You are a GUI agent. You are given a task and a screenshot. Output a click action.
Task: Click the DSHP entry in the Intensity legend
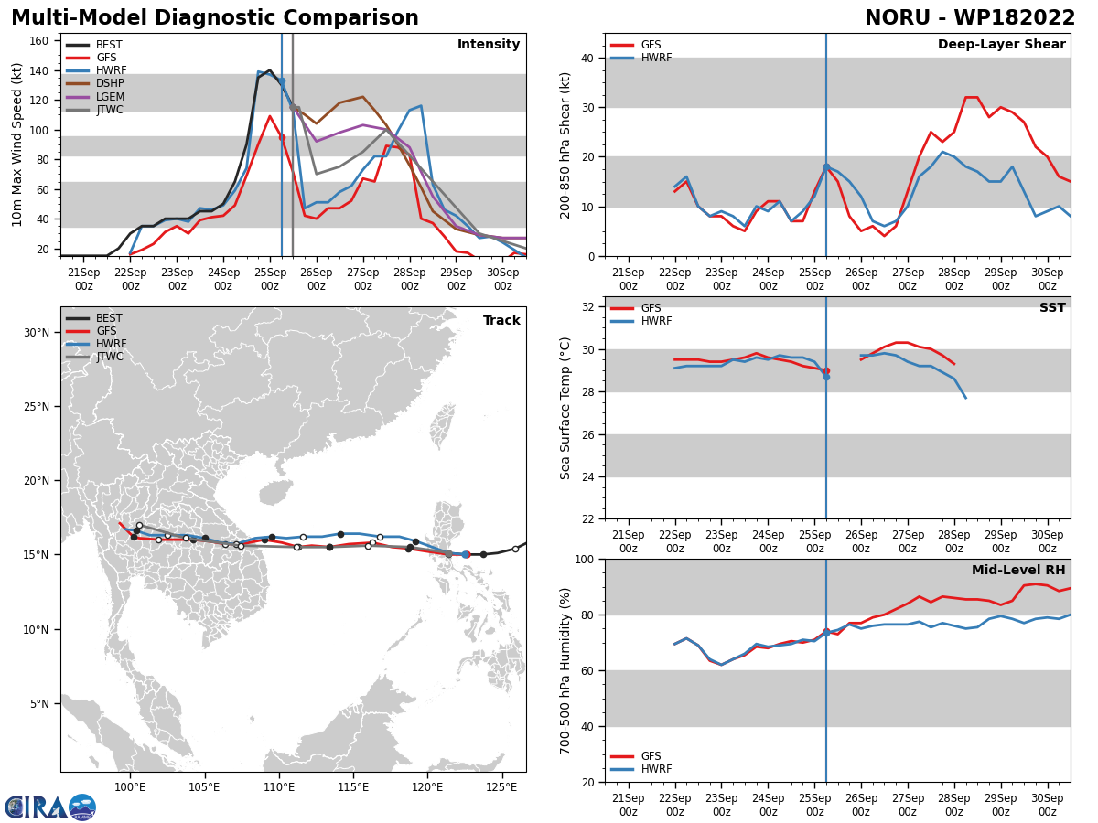[x=94, y=83]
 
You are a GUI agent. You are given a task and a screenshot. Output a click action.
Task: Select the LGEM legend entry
[x=94, y=96]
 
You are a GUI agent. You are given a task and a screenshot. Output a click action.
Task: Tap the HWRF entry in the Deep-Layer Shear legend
[x=640, y=58]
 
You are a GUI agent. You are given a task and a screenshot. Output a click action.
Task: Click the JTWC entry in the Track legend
[x=94, y=357]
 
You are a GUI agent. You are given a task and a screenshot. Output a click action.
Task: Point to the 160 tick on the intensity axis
[x=39, y=41]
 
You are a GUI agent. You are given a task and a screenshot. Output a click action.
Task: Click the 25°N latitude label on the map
[x=37, y=407]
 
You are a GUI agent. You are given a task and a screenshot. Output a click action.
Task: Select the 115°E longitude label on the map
[x=353, y=787]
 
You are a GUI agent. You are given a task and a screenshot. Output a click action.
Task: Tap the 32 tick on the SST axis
[x=587, y=307]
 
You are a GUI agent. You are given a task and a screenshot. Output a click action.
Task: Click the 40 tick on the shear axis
[x=587, y=58]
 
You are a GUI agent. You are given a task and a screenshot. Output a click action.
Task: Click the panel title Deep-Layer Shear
[x=1001, y=45]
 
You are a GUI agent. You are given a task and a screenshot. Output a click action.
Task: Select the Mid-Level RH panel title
[x=1018, y=570]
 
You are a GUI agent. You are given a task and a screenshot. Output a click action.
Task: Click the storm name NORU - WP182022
[x=970, y=18]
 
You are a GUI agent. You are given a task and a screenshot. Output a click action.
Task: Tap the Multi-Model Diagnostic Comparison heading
[x=215, y=18]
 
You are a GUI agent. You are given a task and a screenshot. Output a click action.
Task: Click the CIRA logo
[x=50, y=807]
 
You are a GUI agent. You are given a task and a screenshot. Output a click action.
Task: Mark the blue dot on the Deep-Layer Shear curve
[x=826, y=167]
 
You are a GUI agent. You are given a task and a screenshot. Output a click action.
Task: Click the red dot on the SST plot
[x=827, y=370]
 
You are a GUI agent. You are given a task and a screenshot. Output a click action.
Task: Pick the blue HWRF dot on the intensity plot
[x=282, y=81]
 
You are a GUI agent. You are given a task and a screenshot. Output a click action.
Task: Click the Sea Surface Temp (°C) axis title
[x=565, y=408]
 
